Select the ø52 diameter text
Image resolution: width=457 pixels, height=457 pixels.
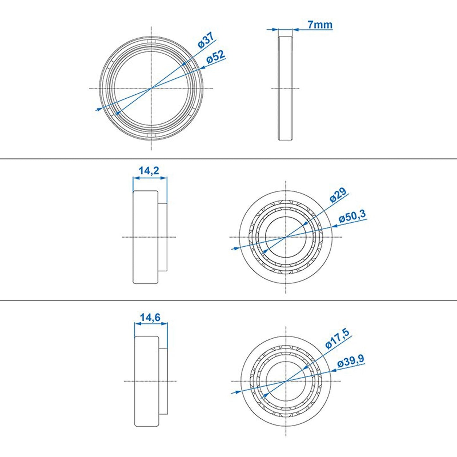click(216, 57)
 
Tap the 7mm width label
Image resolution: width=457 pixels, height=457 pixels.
click(320, 24)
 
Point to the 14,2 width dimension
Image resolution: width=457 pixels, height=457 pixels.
click(149, 171)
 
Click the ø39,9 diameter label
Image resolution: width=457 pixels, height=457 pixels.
click(350, 361)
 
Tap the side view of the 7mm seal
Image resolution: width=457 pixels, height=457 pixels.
click(285, 88)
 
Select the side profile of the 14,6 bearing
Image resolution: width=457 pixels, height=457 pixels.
click(151, 381)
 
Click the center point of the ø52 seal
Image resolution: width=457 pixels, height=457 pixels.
click(151, 88)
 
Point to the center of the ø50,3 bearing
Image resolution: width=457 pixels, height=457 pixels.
click(286, 237)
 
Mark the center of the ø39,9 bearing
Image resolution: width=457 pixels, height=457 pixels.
click(286, 381)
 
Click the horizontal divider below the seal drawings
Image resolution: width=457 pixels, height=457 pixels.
click(228, 159)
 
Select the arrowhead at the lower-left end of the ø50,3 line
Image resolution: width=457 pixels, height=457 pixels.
click(234, 249)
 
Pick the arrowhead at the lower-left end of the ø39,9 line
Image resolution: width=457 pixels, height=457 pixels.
click(234, 392)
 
